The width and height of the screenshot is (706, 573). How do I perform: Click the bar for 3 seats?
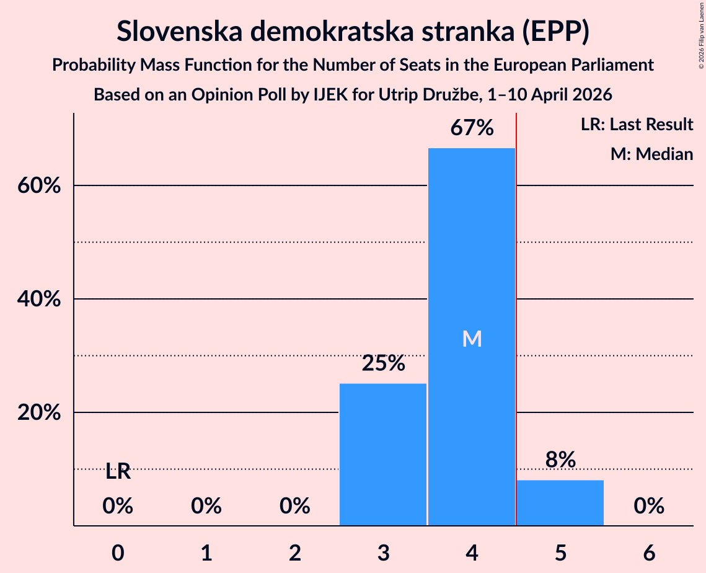point(382,454)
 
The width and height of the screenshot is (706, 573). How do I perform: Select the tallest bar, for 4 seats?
point(472,337)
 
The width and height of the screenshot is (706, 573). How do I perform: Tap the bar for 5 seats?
point(560,503)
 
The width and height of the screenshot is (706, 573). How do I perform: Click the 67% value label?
point(472,128)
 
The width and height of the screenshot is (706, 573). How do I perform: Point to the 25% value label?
point(383,363)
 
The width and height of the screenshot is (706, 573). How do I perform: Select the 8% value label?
point(560,460)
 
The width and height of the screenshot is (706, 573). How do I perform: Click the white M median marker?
point(472,339)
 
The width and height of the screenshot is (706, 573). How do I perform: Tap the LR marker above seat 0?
point(118,472)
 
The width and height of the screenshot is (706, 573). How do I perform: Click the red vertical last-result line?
point(516,319)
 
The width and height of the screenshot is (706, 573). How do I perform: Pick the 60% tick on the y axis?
point(38,185)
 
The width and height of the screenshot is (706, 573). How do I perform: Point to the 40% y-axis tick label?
point(38,299)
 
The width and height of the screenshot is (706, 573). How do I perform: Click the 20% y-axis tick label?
point(38,412)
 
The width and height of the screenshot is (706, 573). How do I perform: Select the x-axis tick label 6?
point(649,553)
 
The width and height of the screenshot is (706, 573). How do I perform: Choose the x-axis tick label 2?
point(295,553)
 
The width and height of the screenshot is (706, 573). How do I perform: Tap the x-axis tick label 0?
point(118,553)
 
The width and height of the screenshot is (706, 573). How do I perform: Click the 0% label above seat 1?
point(206,506)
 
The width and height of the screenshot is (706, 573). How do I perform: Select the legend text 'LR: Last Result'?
point(637,124)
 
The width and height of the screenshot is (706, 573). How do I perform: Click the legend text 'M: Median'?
point(651,154)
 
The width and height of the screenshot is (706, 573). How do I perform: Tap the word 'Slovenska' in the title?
point(180,32)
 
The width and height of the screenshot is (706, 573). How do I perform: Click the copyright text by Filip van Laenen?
point(701,35)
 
